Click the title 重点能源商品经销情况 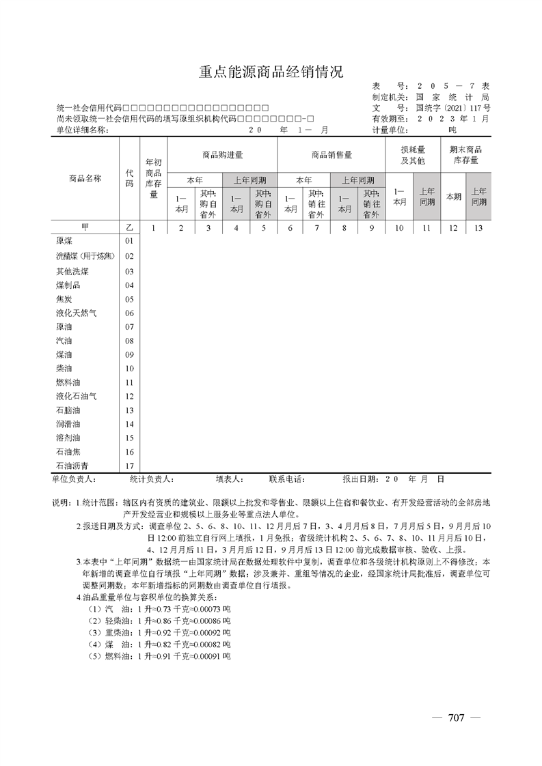point(271,72)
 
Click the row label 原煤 point(64,241)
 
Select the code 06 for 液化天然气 point(129,313)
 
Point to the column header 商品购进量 point(222,155)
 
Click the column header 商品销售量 point(331,155)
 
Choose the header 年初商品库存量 point(153,178)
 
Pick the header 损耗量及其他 point(413,155)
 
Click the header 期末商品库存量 point(467,155)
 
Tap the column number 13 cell point(478,228)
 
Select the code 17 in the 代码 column point(129,466)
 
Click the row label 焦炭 point(64,299)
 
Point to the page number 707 point(456,718)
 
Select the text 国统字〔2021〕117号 point(452,108)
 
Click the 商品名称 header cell point(85,178)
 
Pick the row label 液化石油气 point(76,397)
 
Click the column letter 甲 point(85,228)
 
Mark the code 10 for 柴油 point(129,369)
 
